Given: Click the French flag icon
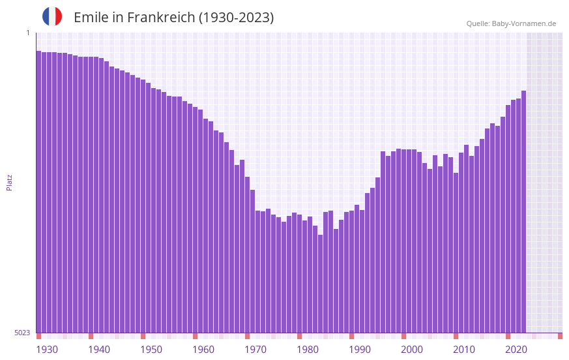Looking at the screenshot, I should (x=52, y=16).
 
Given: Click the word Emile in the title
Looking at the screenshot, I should (x=91, y=18).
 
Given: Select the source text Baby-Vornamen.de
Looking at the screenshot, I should (x=523, y=23).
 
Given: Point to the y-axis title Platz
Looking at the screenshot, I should (x=9, y=182).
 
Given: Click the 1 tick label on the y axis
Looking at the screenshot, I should (x=27, y=33).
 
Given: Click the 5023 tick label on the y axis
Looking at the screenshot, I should (x=22, y=333).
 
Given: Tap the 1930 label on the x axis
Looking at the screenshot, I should (x=47, y=350).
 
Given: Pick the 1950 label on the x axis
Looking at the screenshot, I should (x=151, y=350).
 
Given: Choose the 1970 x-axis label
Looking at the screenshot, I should (x=255, y=350).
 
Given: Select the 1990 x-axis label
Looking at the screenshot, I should (x=360, y=350).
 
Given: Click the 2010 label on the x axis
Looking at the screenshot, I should (x=464, y=350).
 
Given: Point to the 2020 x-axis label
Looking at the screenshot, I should (x=516, y=350).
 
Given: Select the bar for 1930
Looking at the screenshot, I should (x=39, y=196).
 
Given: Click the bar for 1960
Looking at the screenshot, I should (x=195, y=222).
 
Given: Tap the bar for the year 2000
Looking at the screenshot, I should (x=403, y=241).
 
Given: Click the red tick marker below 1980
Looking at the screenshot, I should (x=299, y=336).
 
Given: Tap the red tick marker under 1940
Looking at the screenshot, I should (x=91, y=336).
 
